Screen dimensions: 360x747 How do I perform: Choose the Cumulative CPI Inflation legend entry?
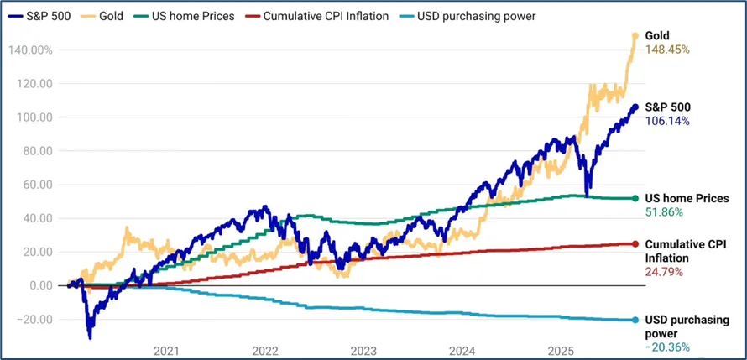319,16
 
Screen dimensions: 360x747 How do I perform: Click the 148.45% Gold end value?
666,50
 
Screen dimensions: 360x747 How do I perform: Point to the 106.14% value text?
666,121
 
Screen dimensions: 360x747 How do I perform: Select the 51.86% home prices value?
663,213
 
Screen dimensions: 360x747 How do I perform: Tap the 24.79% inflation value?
663,272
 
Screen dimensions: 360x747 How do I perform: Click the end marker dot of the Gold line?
635,35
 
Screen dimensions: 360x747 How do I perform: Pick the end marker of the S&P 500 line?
635,107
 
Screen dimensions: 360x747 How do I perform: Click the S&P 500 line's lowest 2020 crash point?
90,337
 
